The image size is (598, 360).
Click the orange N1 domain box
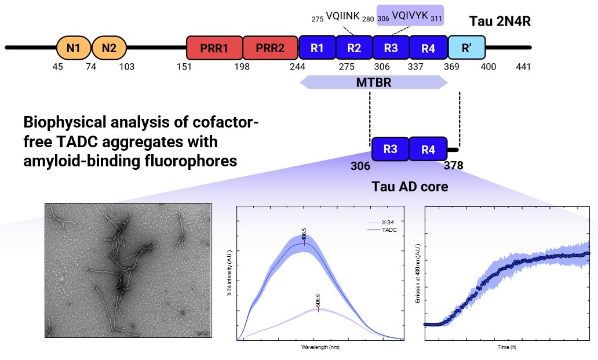point(73,48)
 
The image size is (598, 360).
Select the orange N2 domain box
point(109,48)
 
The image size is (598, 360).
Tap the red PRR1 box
point(214,48)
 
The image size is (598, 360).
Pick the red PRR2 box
point(270,48)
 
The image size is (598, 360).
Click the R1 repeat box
point(317,48)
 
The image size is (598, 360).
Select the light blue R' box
point(466,48)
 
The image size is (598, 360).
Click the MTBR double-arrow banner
point(374,82)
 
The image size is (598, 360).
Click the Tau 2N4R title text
point(500,22)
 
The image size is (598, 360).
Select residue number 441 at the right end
point(523,67)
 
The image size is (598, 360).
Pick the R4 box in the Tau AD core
point(428,150)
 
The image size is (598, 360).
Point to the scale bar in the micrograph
point(202,333)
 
